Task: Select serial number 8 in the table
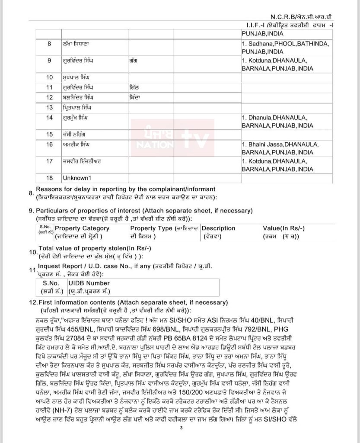49,44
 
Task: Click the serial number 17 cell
49,161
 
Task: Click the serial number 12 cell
49,97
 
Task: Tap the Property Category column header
82,228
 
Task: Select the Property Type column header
163,228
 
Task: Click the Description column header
219,228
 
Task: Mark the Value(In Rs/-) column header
284,228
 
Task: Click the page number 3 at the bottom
182,428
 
